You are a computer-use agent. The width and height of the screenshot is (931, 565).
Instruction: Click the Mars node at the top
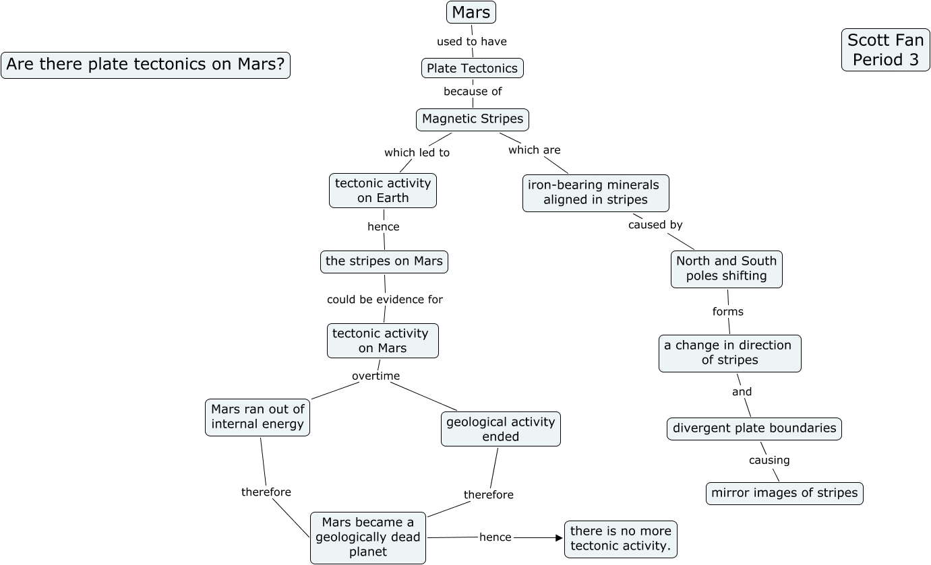pos(471,12)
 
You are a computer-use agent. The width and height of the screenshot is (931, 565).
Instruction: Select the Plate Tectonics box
pos(472,68)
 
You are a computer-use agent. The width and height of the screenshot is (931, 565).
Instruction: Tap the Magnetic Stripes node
pos(473,119)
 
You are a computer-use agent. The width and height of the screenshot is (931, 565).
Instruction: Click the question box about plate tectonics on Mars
pos(146,65)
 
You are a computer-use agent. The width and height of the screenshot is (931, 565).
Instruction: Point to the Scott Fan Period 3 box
pos(885,50)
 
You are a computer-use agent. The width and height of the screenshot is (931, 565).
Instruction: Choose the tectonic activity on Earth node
pos(383,191)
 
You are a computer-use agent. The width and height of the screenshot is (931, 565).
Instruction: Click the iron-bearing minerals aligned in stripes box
pos(595,193)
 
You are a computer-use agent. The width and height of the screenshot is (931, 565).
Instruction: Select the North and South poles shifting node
pos(727,269)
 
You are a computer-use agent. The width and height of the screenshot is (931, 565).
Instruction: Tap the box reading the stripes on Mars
pos(384,261)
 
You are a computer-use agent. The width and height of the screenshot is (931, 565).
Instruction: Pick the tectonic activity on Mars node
pos(382,341)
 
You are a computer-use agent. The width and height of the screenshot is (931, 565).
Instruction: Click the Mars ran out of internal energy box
pos(258,417)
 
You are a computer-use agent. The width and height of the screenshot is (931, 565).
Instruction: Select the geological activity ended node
pos(500,429)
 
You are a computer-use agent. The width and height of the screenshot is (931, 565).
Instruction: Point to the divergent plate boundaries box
pos(754,428)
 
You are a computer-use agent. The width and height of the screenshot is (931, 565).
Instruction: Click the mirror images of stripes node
pos(784,493)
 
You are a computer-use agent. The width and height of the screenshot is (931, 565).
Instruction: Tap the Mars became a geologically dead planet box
pos(368,537)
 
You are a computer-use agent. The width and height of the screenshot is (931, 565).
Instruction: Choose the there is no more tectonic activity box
pos(620,539)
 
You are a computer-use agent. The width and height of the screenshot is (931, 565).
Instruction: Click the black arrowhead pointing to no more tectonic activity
pos(558,537)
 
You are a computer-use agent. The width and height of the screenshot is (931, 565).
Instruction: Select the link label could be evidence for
pos(385,300)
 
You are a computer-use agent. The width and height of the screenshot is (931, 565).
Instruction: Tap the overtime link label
pos(376,376)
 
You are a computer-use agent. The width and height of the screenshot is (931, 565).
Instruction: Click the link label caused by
pos(655,225)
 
